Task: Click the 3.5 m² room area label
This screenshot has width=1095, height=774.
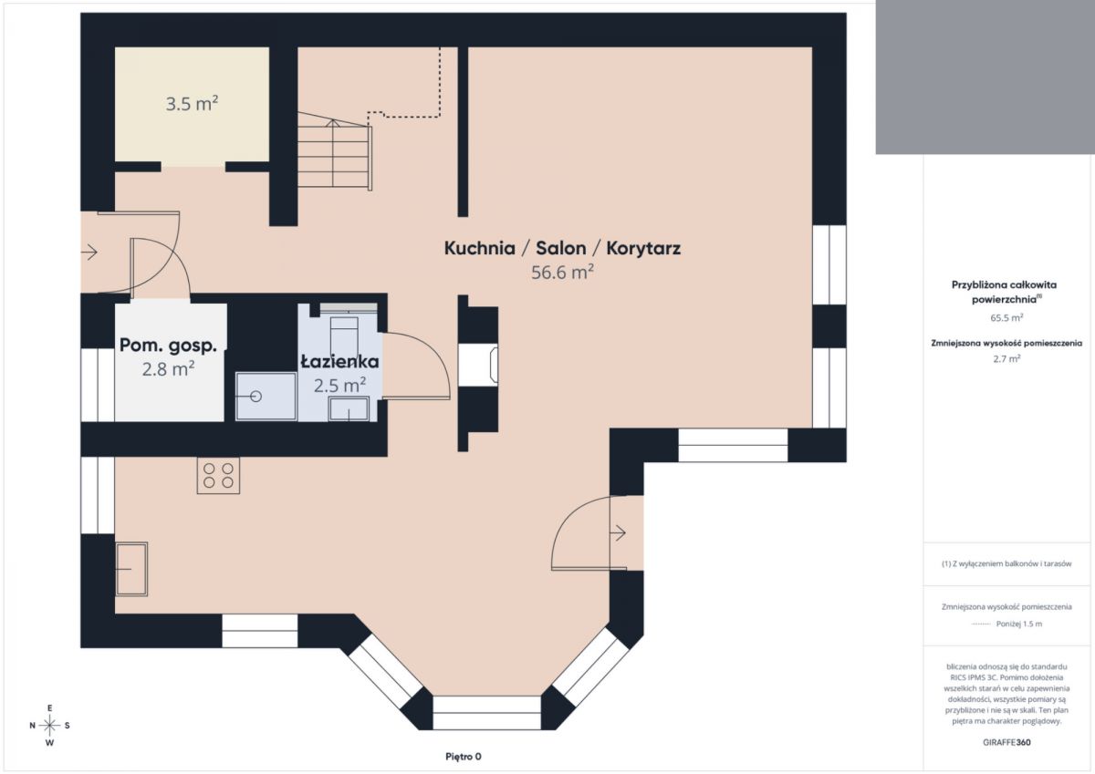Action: (x=192, y=104)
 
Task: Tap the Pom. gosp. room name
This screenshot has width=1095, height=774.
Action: (x=168, y=346)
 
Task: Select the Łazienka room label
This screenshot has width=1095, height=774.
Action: (x=339, y=361)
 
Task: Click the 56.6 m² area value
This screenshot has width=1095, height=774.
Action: (x=562, y=272)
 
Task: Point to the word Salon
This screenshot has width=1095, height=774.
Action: (x=560, y=248)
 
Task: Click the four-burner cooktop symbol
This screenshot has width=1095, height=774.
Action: (x=218, y=476)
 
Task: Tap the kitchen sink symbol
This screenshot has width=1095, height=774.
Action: (x=131, y=569)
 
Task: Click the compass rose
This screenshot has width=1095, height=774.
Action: (x=49, y=726)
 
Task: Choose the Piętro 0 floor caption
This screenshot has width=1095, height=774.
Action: (x=464, y=757)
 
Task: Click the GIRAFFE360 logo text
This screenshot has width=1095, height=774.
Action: (x=1006, y=742)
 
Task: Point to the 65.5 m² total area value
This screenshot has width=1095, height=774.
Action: (x=1006, y=317)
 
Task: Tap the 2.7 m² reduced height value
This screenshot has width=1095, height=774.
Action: (x=1006, y=358)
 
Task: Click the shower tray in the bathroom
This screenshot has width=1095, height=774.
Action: (x=266, y=396)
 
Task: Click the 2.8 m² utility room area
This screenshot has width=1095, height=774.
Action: (x=168, y=369)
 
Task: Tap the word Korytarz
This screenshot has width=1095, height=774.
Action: (x=643, y=248)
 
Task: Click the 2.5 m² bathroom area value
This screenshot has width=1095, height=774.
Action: (x=339, y=386)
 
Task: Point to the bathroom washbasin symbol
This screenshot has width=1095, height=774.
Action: (x=349, y=408)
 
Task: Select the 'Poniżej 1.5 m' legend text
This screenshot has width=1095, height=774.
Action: (x=1019, y=624)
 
